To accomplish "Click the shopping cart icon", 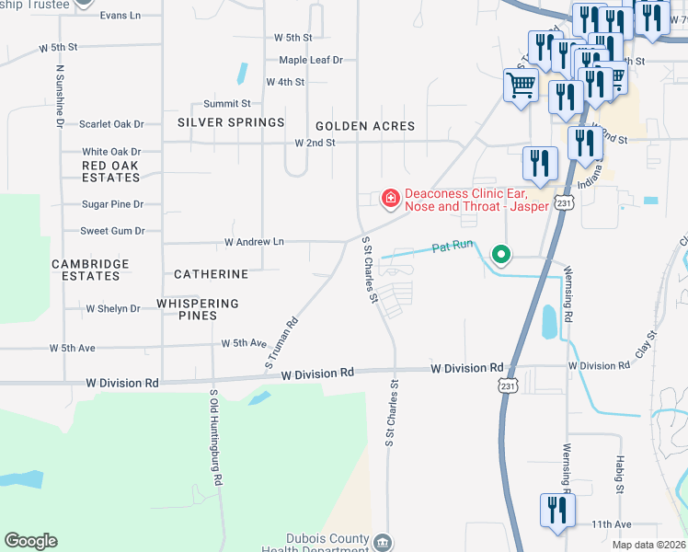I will click(x=521, y=86).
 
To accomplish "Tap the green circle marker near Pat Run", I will click(x=501, y=253).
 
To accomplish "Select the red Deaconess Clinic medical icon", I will click(x=390, y=198).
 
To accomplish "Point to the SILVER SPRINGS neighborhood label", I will click(x=231, y=123).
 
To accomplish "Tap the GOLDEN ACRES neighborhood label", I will click(x=365, y=126).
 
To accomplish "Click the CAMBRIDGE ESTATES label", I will click(x=90, y=270).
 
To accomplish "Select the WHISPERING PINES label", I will click(x=198, y=309).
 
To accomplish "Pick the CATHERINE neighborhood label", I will click(x=211, y=274).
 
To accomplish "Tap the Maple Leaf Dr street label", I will click(x=311, y=60).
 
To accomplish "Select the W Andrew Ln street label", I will click(x=255, y=242).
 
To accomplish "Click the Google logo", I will click(x=30, y=541).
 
